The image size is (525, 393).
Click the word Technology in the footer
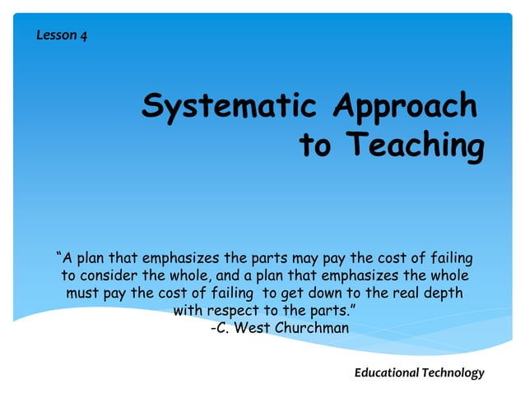pyautogui.click(x=453, y=372)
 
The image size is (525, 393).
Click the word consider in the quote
pyautogui.click(x=107, y=275)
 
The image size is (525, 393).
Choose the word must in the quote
pyautogui.click(x=83, y=293)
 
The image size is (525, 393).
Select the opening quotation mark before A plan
pyautogui.click(x=58, y=255)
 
